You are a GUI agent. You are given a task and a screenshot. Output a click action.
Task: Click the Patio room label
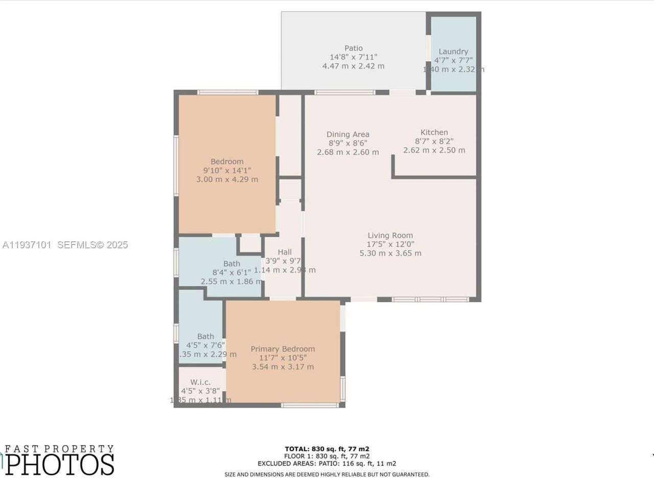point(353,48)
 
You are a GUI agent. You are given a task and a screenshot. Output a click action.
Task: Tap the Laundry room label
point(453,52)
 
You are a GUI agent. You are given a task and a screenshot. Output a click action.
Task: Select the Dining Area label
point(348,135)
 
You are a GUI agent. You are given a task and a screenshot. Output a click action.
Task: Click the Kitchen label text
point(434,132)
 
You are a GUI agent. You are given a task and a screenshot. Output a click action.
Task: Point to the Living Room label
point(390,235)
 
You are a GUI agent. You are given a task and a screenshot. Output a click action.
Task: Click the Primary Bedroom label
point(283,349)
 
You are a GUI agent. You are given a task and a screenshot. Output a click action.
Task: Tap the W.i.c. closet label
point(200,382)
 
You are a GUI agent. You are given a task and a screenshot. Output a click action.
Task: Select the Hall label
point(285,252)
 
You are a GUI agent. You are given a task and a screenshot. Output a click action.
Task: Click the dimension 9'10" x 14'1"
point(227,170)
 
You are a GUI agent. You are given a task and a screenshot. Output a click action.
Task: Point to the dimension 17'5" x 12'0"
point(390,244)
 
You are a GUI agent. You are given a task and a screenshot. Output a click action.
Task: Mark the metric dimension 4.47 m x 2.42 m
point(353,66)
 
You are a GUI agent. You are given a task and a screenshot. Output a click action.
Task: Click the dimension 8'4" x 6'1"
point(231,273)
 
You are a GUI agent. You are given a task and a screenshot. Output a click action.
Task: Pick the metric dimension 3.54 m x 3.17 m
point(283,367)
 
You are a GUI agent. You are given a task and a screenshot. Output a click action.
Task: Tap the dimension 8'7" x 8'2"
point(434,141)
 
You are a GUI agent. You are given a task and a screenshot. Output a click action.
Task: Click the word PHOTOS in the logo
point(60,464)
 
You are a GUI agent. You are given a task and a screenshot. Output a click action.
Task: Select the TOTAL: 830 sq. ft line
point(327,449)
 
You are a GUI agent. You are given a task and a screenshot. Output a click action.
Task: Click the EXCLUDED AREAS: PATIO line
point(327,463)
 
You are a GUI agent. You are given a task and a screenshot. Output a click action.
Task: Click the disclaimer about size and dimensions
point(327,475)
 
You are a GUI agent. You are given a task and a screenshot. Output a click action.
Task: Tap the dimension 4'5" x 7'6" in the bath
point(205,346)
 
